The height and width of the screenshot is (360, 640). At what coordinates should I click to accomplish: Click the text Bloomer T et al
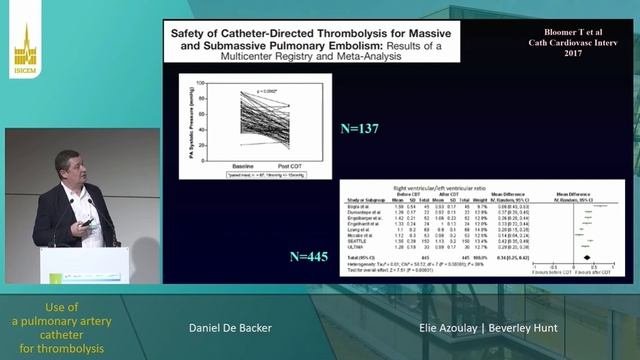click(566, 31)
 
